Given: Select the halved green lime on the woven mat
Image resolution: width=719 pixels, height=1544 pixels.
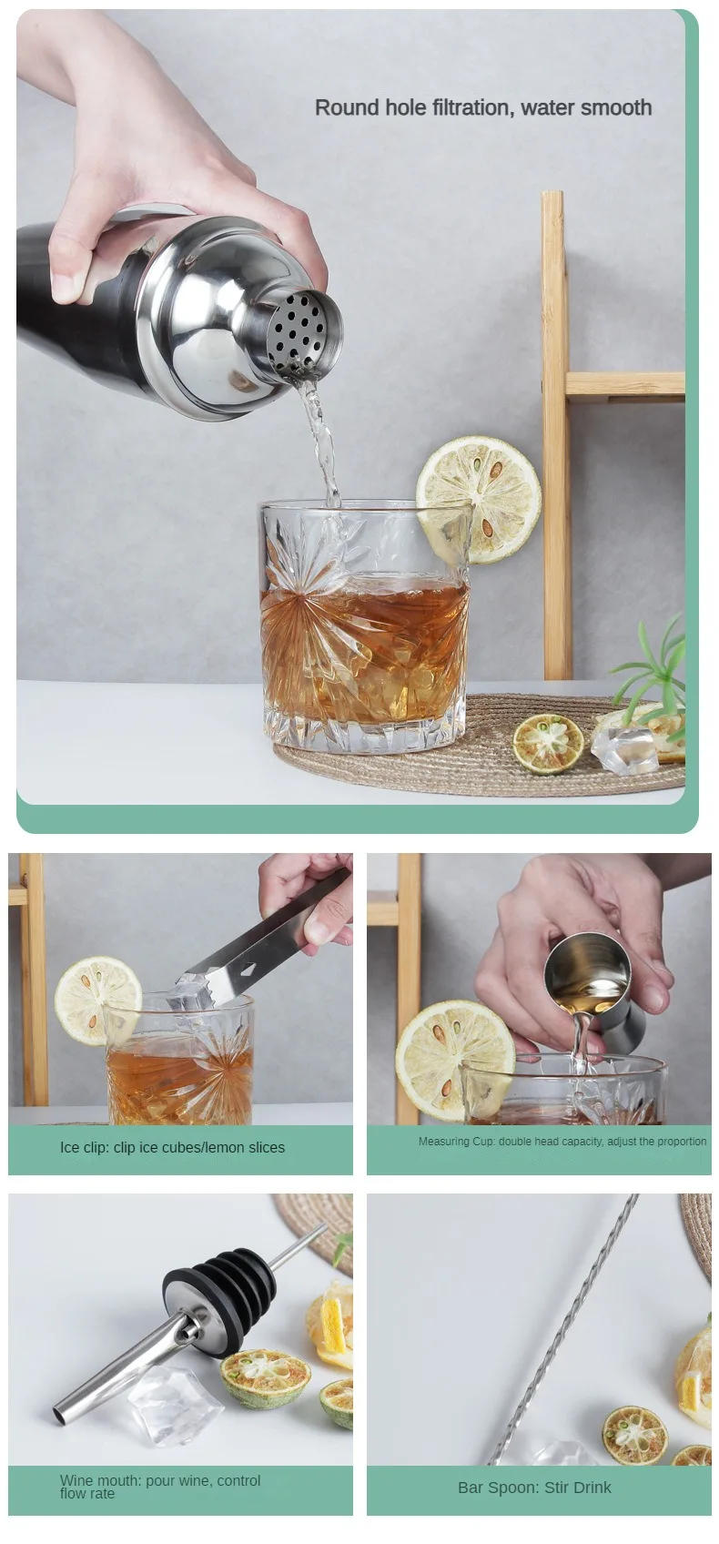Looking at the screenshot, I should click(x=547, y=742).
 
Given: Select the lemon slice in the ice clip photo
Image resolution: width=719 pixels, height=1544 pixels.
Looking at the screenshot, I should click(x=96, y=1000).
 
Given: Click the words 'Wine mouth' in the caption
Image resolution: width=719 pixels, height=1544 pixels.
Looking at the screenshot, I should click(x=96, y=1480).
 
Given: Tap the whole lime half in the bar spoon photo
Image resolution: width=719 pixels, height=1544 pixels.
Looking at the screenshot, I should click(x=634, y=1435).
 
